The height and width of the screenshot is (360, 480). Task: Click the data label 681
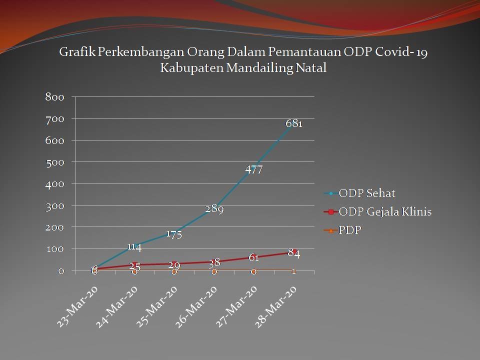pos(294,123)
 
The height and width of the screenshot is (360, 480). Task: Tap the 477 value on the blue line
pos(254,170)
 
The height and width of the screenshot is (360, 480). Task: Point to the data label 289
pos(214,209)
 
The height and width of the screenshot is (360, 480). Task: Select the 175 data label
pos(174,234)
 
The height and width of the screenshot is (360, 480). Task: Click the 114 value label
pos(134,246)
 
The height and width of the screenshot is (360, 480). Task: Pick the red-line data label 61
pos(253,258)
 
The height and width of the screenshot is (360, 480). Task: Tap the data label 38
pos(214,263)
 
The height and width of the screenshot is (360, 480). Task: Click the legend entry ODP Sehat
pos(367,193)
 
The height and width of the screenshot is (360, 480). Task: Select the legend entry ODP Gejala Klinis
pos(385,212)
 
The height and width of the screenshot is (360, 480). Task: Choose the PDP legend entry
pos(350,230)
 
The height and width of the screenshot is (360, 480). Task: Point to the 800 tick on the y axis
pos(54,97)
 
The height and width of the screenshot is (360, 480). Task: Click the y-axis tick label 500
pos(54,162)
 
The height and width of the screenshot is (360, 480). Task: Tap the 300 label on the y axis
pos(54,205)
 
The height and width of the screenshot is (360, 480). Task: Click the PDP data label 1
pos(294,271)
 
